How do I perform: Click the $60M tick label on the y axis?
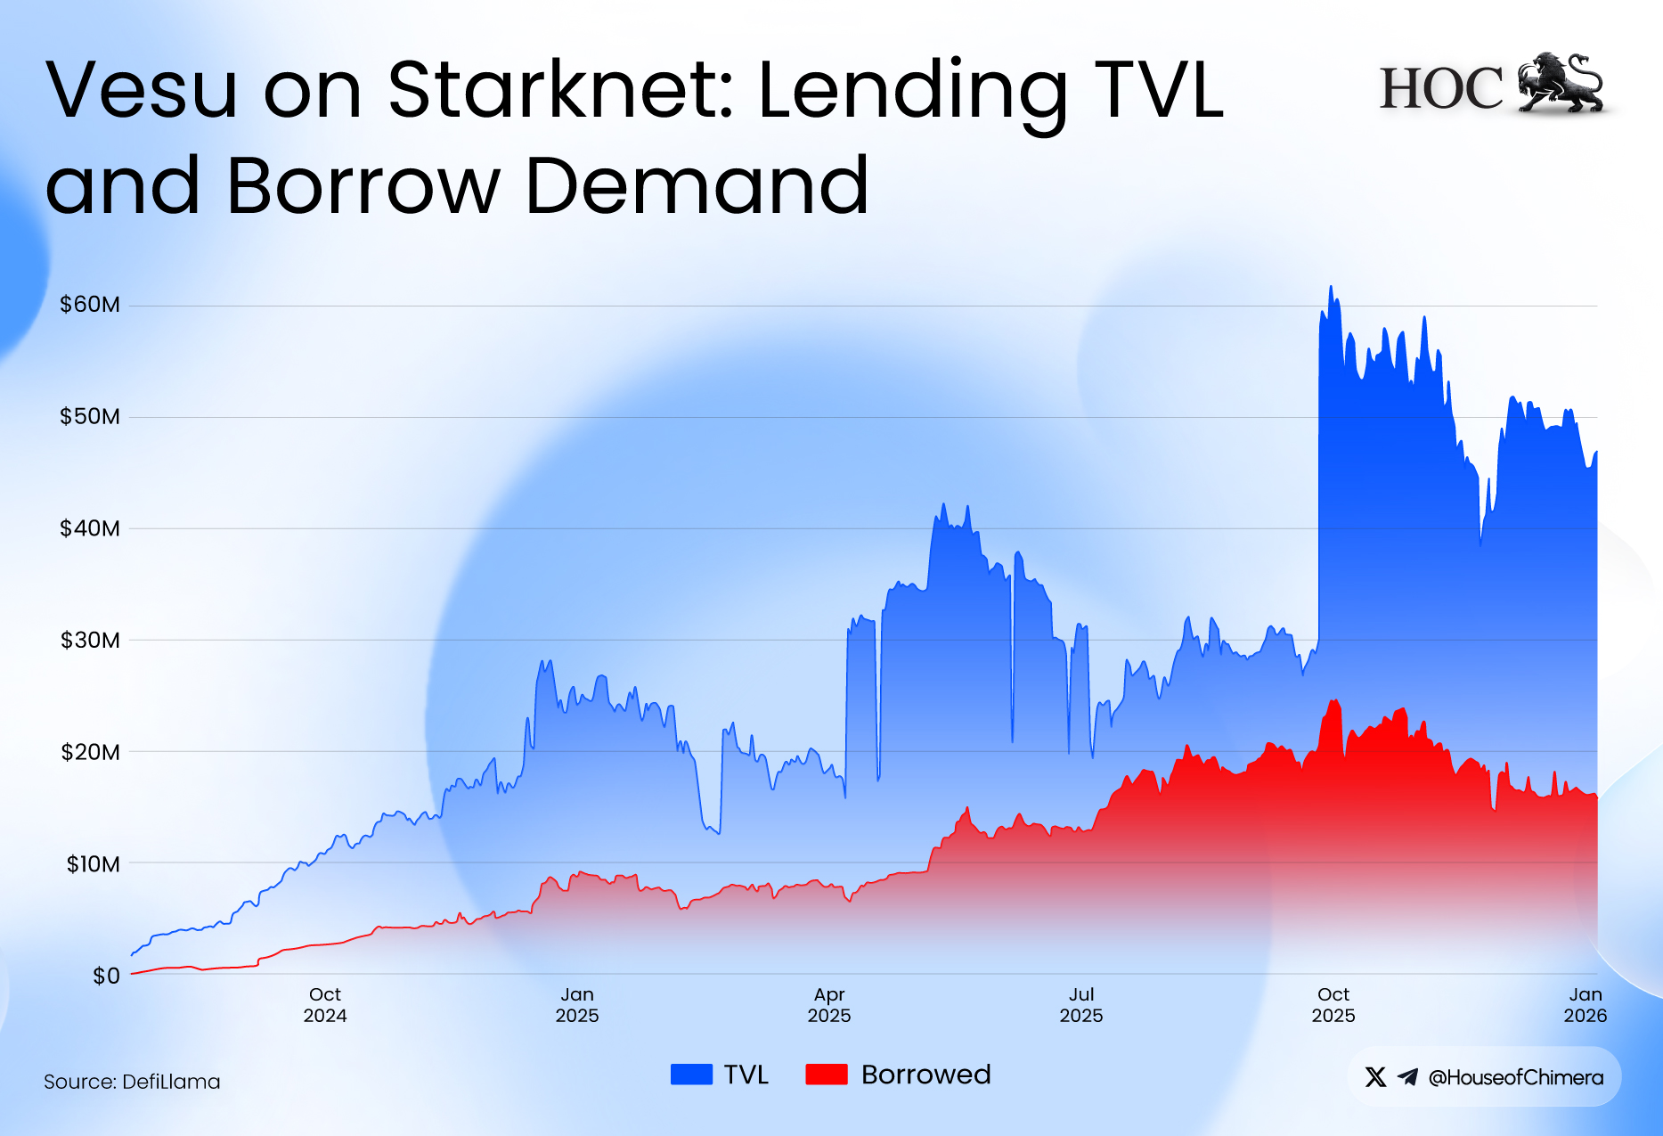pos(89,305)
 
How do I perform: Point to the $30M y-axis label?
pos(89,640)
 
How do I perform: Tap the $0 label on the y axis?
pos(106,976)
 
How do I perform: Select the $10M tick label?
pos(93,863)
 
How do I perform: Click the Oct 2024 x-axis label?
pos(325,1005)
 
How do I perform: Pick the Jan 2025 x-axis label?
pos(577,1005)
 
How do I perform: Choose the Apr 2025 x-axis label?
pos(829,1005)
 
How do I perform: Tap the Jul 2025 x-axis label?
pos(1081,1005)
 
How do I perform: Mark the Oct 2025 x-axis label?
pos(1333,1005)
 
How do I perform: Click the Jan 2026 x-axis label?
pos(1586,1005)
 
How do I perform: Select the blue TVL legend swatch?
pos(691,1075)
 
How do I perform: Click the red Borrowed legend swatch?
pos(826,1075)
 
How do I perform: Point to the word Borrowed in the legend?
pos(925,1075)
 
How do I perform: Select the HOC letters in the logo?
pos(1441,87)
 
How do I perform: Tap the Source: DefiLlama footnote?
pos(132,1082)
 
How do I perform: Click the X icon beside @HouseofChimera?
pos(1375,1077)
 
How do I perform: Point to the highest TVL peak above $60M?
pos(1331,288)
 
